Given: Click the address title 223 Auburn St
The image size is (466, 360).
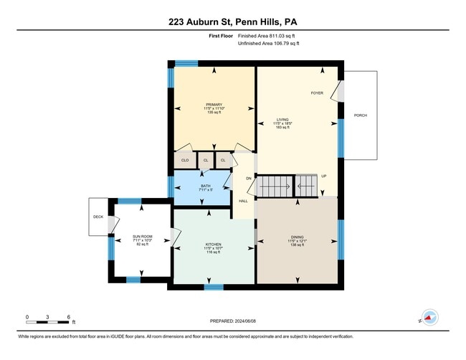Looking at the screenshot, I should pos(232,21).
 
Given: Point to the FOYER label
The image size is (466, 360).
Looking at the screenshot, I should pos(317,93).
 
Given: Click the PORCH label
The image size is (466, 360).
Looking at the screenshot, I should pos(361,115).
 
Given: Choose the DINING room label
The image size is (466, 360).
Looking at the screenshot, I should pos(298,237).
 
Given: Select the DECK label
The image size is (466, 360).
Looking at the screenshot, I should pos(99,216).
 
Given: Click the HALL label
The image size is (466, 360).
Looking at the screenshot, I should pos(243,202).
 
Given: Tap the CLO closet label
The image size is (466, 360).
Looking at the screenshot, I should pos(185,160).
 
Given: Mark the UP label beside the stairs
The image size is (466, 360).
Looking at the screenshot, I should pos(324,176).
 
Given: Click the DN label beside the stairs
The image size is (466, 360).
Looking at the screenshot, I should pos(249,178).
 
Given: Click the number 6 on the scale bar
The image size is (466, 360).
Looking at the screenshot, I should pos(68,316).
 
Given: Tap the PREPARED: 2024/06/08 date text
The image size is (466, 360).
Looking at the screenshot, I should pos(234,321).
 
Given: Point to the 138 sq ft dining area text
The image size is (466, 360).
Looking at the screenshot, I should pos(298,245).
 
